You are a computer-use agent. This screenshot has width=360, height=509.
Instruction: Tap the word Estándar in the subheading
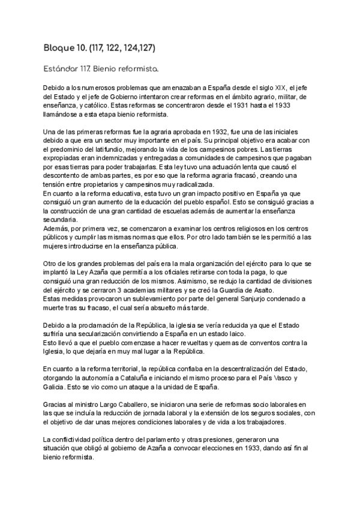[61, 69]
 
